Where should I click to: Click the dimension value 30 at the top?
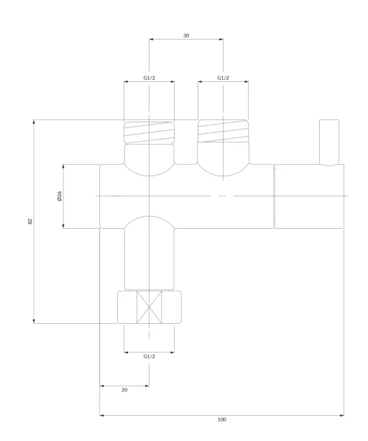point(186,35)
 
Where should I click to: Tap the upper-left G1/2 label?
point(149,78)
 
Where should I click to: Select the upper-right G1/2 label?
point(223,78)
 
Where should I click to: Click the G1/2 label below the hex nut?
point(149,356)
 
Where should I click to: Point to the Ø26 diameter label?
point(59,196)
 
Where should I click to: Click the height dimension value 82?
point(30,222)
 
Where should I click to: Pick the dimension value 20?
point(124,390)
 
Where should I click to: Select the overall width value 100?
point(222,419)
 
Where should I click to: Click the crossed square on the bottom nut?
point(149,307)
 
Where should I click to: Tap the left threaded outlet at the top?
point(149,132)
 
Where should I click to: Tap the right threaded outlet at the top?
point(223,131)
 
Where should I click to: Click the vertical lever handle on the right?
point(329,142)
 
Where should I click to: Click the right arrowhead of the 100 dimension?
point(342,415)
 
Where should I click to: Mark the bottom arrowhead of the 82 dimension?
point(34,321)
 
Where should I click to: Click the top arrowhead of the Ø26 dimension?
point(63,167)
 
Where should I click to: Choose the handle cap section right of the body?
point(309,196)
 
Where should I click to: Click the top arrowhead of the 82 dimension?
point(34,122)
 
